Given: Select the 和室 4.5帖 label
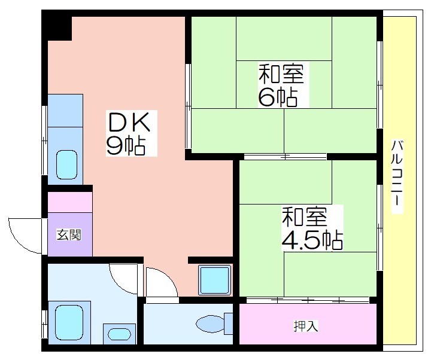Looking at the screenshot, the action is click(x=312, y=228).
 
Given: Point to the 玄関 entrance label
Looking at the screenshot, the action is click(x=69, y=235).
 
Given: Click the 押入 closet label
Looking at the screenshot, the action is click(x=306, y=326).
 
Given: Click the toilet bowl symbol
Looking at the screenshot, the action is click(x=210, y=324).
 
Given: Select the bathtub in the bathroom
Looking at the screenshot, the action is click(x=69, y=323).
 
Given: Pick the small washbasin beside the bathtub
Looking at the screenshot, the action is click(x=119, y=334).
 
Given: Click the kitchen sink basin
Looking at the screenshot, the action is click(x=66, y=164).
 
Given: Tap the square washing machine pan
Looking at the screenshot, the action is click(x=215, y=280).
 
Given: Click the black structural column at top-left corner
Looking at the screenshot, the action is click(x=57, y=25).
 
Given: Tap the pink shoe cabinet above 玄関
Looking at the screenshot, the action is click(x=70, y=202).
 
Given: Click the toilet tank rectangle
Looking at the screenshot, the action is click(x=229, y=324).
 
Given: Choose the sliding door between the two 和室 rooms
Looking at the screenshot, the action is click(x=285, y=157).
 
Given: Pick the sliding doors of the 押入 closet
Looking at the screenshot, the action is click(x=308, y=300).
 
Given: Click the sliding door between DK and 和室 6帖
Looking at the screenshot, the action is click(x=189, y=106).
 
